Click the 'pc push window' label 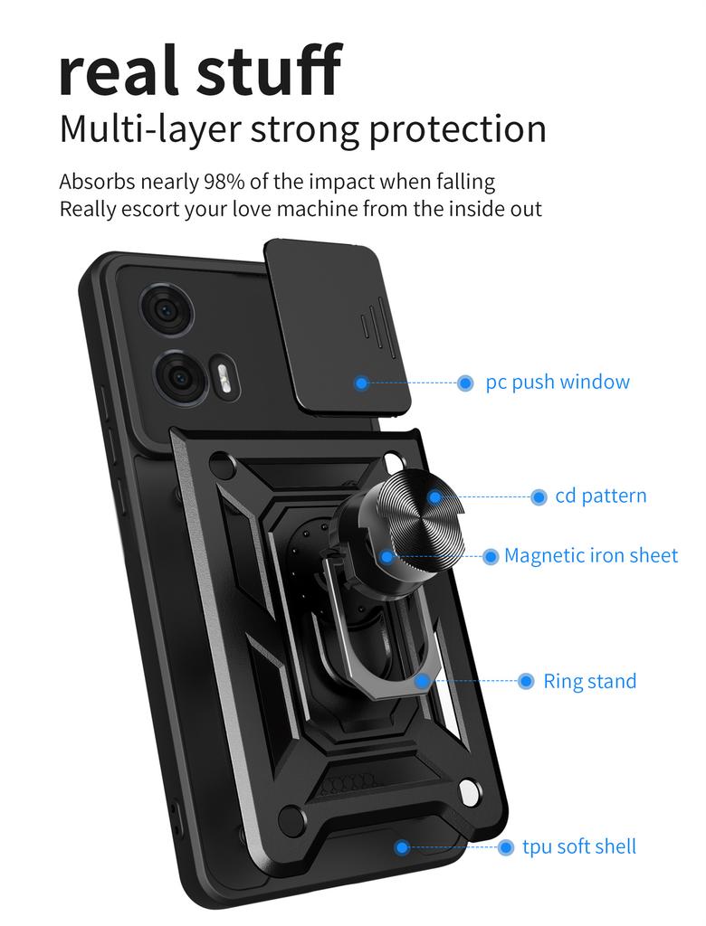[558, 382]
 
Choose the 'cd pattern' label [601, 496]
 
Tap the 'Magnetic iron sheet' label [591, 555]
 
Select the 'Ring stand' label [590, 681]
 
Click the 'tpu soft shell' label [579, 846]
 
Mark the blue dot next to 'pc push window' [465, 383]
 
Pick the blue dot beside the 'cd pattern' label [539, 496]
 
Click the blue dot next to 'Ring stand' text [526, 682]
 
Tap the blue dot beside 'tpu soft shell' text [506, 847]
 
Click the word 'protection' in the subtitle [459, 129]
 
